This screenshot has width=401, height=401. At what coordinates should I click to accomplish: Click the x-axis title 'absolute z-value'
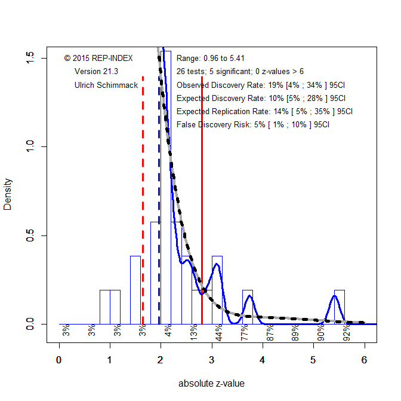coord(211,384)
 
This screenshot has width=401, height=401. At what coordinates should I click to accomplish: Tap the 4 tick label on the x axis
coord(263,360)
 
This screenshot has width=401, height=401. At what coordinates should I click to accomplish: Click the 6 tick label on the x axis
coord(364,360)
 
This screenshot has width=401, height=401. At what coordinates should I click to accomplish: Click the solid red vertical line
coord(202,179)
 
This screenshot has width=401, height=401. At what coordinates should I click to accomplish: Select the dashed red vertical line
coord(143,179)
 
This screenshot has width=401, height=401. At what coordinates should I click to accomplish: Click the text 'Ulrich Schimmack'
coord(106,85)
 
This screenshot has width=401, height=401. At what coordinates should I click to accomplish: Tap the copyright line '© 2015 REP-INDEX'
coord(98,58)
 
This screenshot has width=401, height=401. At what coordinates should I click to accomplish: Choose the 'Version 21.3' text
coord(96,72)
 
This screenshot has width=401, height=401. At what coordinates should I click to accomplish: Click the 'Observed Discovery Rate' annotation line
coord(261,85)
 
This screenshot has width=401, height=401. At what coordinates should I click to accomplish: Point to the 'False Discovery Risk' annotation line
coord(253,125)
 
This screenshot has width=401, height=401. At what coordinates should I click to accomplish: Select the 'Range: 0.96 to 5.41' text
coord(211,58)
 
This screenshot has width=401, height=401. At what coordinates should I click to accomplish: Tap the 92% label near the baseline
coord(347,332)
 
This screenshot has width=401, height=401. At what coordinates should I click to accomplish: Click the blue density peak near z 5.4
coord(334,298)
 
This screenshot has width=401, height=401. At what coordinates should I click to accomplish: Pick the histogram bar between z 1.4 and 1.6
coord(135,290)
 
